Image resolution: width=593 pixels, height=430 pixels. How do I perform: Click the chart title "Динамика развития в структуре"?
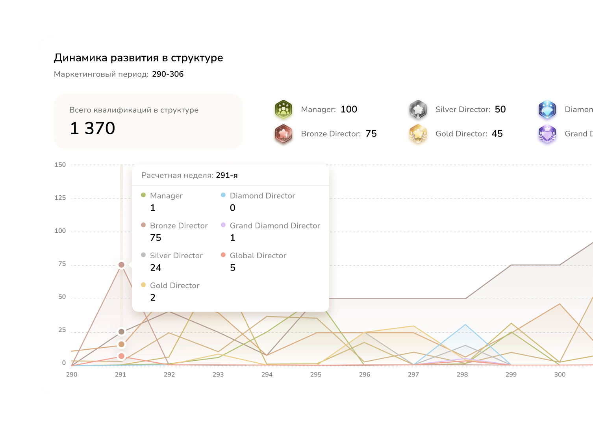pyautogui.click(x=138, y=58)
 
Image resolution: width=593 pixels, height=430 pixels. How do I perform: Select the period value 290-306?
pyautogui.click(x=168, y=74)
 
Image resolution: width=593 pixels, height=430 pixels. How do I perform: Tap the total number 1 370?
pyautogui.click(x=93, y=128)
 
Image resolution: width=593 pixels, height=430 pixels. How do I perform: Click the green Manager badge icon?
pyautogui.click(x=284, y=109)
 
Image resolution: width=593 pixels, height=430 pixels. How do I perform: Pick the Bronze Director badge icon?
pyautogui.click(x=284, y=134)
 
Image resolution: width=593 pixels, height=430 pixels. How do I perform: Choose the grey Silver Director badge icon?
pyautogui.click(x=418, y=109)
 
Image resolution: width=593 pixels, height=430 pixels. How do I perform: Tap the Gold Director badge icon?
pyautogui.click(x=418, y=134)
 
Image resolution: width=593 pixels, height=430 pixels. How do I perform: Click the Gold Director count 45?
pyautogui.click(x=497, y=134)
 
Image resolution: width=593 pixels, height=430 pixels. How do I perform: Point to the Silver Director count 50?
pyautogui.click(x=500, y=109)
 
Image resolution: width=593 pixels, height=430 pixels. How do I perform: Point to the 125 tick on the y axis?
pyautogui.click(x=60, y=198)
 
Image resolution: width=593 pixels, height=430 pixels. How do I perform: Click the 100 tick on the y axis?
pyautogui.click(x=60, y=231)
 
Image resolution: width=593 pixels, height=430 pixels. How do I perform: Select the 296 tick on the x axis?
pyautogui.click(x=365, y=374)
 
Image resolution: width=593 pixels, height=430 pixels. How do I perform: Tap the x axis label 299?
pyautogui.click(x=511, y=374)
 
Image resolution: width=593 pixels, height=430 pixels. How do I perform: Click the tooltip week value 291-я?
pyautogui.click(x=226, y=175)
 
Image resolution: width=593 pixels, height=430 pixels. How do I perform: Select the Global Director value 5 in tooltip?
pyautogui.click(x=233, y=268)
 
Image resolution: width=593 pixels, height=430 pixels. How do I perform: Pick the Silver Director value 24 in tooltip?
pyautogui.click(x=156, y=268)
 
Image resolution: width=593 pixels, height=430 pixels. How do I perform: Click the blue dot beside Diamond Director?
pyautogui.click(x=223, y=195)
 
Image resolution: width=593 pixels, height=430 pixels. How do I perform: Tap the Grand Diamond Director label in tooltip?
pyautogui.click(x=275, y=226)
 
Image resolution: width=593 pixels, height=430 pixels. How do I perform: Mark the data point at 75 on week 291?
pyautogui.click(x=121, y=265)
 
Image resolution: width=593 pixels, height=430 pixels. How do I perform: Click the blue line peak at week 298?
pyautogui.click(x=465, y=325)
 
